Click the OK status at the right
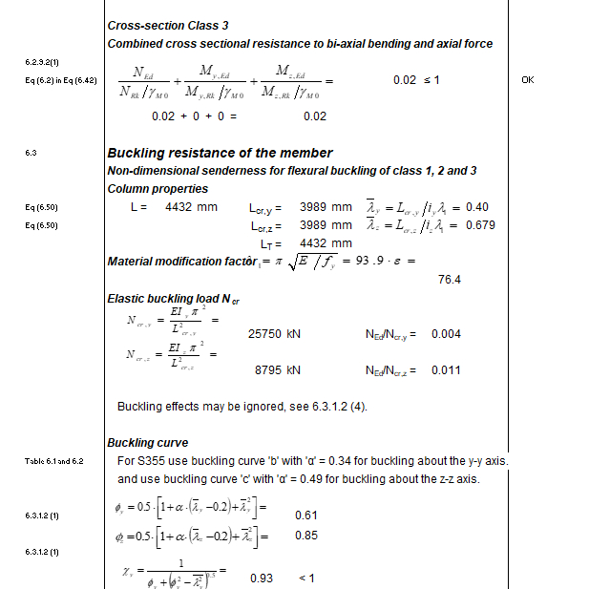click(527, 80)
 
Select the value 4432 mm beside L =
click(191, 207)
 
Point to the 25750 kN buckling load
click(274, 334)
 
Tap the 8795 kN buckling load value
click(277, 369)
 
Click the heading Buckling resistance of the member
click(220, 153)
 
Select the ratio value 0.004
click(447, 334)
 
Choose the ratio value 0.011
click(447, 369)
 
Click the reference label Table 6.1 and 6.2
click(54, 462)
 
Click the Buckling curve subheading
click(147, 443)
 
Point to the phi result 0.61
click(305, 515)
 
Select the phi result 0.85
click(305, 536)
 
